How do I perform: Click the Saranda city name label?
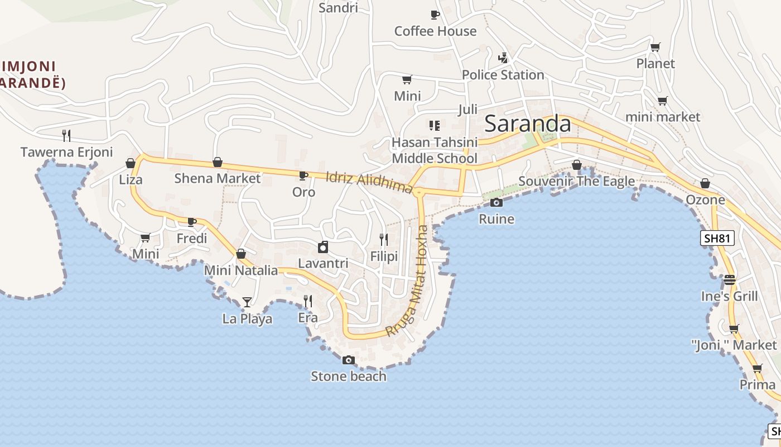point(528,123)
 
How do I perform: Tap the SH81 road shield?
point(717,239)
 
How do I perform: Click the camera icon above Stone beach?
point(349,360)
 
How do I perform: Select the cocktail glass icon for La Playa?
point(247,302)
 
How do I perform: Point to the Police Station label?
point(503,75)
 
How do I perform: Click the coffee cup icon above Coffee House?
point(435,15)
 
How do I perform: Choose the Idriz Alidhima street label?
point(369,183)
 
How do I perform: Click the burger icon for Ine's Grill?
point(730,279)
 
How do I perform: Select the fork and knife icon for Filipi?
point(384,240)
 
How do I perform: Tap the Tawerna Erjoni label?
point(66,152)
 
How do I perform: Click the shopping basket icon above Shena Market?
point(218,163)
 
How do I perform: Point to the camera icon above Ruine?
point(496,202)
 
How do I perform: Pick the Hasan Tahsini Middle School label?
point(435,150)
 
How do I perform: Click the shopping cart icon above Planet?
point(655,47)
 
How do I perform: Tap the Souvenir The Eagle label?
point(576,181)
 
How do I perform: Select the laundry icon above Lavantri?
point(323,247)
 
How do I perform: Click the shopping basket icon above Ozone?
point(705,183)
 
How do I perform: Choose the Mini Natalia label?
point(240,270)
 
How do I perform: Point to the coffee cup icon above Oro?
point(303,175)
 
